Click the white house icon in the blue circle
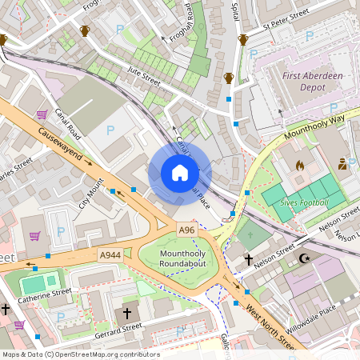(180, 173)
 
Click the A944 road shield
(110, 254)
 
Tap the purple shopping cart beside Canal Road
(41, 114)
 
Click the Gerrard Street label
(118, 328)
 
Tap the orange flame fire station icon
(300, 166)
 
